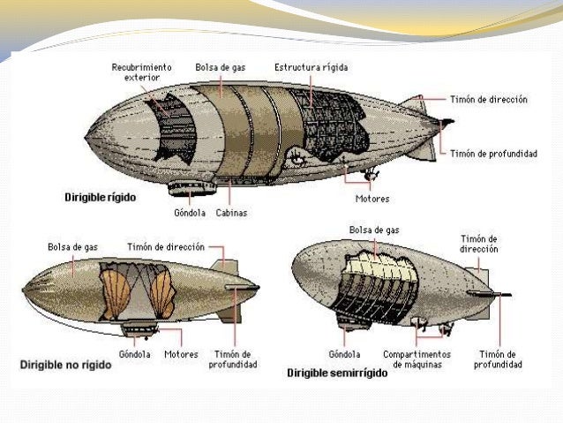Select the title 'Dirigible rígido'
click(100, 198)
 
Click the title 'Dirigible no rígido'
click(65, 364)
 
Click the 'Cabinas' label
click(231, 212)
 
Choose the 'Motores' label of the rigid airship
click(372, 199)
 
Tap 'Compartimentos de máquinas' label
click(417, 359)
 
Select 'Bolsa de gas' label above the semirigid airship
click(374, 230)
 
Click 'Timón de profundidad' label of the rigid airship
click(493, 153)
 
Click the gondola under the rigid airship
click(192, 185)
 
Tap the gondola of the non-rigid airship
click(139, 329)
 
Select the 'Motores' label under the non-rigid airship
click(181, 354)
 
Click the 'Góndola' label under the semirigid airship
click(344, 354)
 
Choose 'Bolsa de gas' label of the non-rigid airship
click(72, 247)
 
